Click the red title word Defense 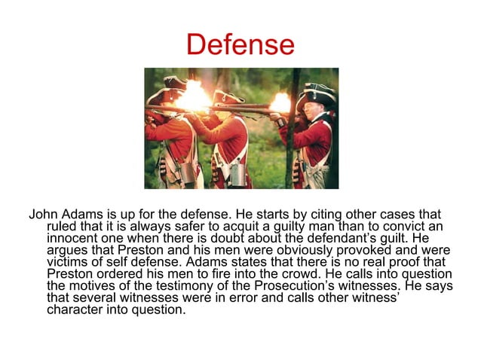[240, 44]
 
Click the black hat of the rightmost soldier [316, 90]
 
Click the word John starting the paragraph [44, 214]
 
